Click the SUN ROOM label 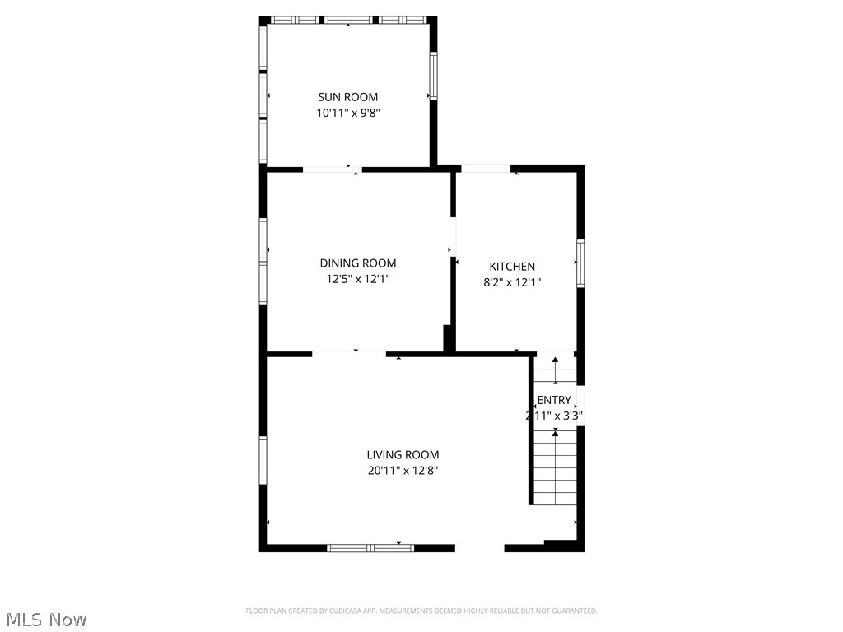click(x=347, y=97)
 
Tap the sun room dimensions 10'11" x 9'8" click(x=347, y=114)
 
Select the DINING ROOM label click(x=357, y=263)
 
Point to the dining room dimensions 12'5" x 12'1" click(x=357, y=279)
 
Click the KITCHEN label click(x=512, y=267)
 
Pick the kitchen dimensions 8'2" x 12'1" click(x=512, y=281)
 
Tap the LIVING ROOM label click(x=403, y=455)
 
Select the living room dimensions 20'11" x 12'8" click(x=403, y=471)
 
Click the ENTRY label click(x=553, y=401)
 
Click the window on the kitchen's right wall click(x=580, y=263)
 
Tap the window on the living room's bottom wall click(x=370, y=547)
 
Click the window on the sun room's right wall click(x=432, y=76)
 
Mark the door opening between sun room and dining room click(x=332, y=170)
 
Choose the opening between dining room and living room click(x=349, y=355)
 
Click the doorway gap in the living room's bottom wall click(x=479, y=547)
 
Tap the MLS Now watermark click(x=45, y=619)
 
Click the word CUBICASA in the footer click(x=356, y=611)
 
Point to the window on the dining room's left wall click(x=263, y=260)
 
